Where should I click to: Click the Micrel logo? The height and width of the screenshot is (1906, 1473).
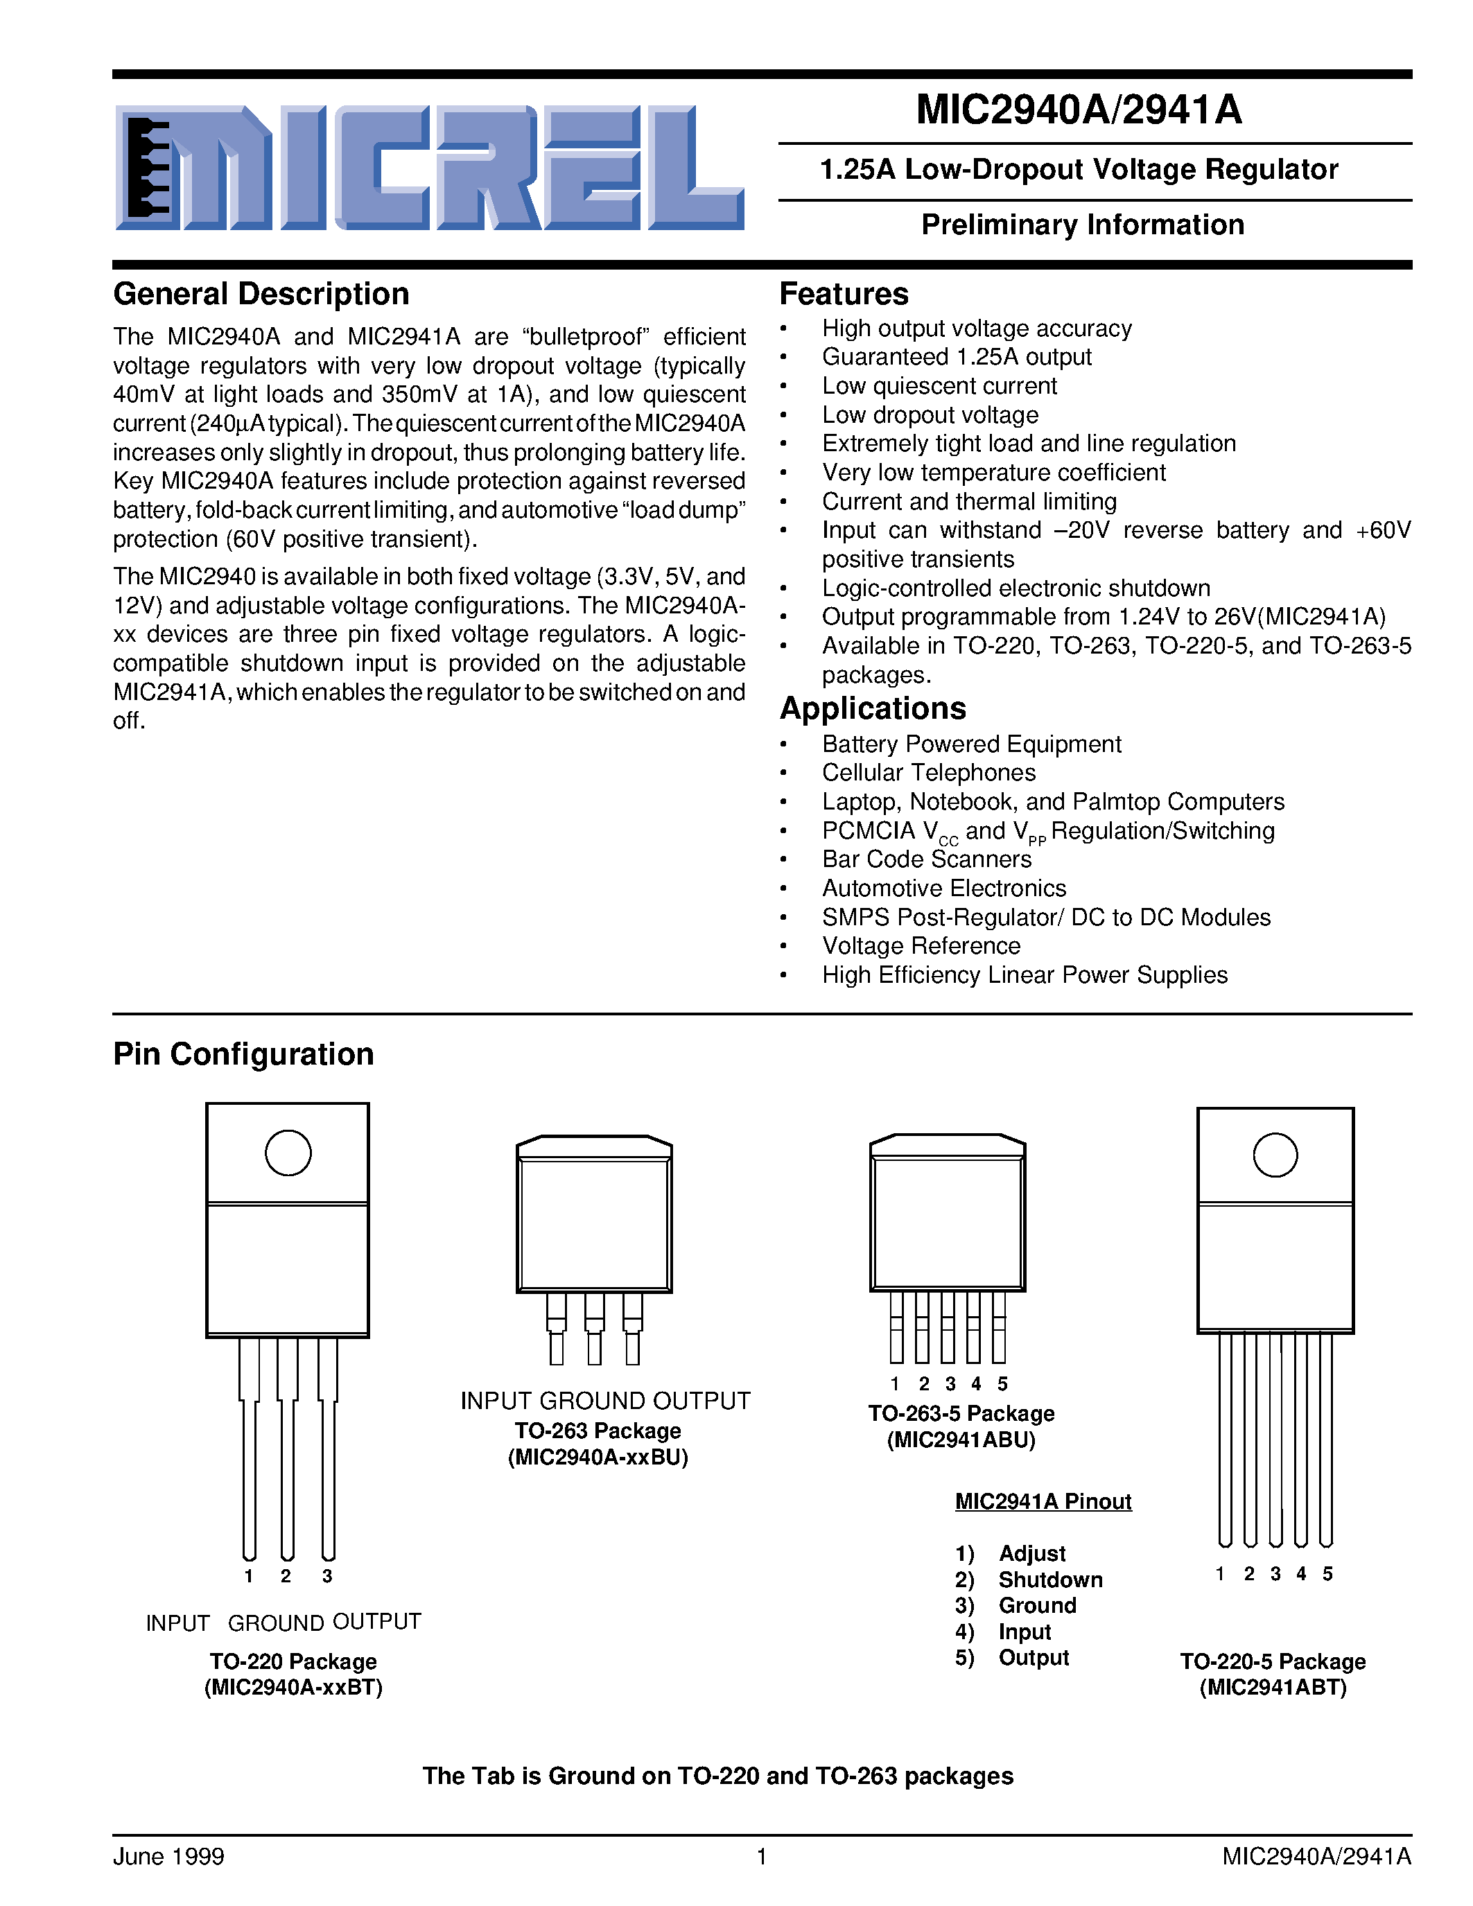pos(429,168)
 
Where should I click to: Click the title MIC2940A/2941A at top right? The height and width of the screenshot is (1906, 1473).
pos(1079,110)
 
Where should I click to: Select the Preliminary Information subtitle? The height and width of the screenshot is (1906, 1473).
pos(1082,225)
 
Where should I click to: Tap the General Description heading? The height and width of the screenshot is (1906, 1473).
pos(261,294)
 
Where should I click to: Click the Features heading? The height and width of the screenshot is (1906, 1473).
pos(843,294)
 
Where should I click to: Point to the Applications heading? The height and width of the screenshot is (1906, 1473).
pos(873,708)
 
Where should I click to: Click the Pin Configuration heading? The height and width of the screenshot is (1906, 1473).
pos(243,1054)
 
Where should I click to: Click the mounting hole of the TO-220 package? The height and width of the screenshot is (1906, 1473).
pos(288,1153)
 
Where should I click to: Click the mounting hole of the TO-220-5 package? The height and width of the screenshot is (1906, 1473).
pos(1275,1155)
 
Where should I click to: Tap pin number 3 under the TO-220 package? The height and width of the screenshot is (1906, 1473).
pos(327,1576)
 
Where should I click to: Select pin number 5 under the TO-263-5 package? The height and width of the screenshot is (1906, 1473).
pos(1002,1384)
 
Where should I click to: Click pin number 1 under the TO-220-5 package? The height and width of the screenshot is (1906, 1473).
pos(1220,1573)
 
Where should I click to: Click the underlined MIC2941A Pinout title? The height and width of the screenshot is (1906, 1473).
pos(1043,1501)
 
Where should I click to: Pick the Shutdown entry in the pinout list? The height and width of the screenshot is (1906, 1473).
pos(1049,1580)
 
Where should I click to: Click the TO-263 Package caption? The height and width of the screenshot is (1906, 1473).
pos(598,1431)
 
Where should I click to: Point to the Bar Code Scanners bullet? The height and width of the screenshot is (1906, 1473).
pos(926,859)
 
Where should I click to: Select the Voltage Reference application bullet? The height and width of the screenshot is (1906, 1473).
pos(921,946)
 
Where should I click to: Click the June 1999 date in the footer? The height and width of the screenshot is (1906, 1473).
pos(168,1856)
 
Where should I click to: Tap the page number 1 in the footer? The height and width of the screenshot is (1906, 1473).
pos(761,1856)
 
